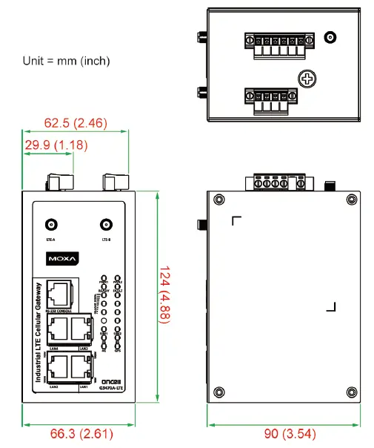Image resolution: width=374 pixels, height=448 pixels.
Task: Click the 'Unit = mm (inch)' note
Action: pyautogui.click(x=66, y=61)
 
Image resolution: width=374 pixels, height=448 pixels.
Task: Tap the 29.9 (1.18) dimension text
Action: pyautogui.click(x=57, y=145)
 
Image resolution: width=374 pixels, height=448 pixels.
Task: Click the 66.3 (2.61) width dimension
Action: pyautogui.click(x=78, y=433)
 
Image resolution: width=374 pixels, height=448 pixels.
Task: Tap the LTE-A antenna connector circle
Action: pyautogui.click(x=52, y=224)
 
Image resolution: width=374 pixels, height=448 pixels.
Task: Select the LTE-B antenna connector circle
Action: pyautogui.click(x=106, y=224)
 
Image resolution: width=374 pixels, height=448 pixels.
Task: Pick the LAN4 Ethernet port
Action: pyautogui.click(x=59, y=329)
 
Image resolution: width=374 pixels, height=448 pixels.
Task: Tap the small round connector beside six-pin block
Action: pyautogui.click(x=330, y=38)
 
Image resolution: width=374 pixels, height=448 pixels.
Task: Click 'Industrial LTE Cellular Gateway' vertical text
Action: pyautogui.click(x=39, y=335)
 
